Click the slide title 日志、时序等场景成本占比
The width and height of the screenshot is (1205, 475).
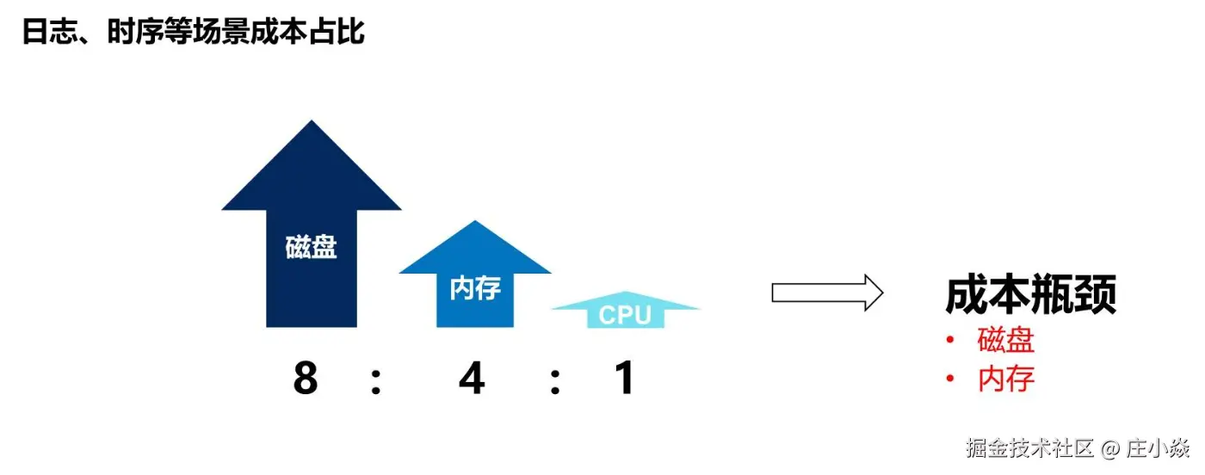coord(194,33)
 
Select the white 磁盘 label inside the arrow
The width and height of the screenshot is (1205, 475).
coord(311,248)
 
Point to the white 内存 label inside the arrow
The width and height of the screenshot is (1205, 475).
coord(474,287)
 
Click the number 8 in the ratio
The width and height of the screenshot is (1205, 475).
coord(306,378)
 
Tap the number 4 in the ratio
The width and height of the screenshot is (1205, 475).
coord(471,378)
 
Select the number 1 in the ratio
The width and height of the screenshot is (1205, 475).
coord(625,378)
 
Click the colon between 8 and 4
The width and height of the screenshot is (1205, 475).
coord(376,381)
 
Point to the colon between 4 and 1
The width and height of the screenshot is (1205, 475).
coord(555,381)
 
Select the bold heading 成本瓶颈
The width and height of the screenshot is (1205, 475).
coord(1030,295)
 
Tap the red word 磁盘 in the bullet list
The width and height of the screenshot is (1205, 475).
coord(1005,341)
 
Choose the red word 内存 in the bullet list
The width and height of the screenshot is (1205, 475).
coord(1005,379)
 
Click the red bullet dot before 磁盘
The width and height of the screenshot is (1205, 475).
coord(950,341)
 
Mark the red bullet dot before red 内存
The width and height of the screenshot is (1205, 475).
coord(950,379)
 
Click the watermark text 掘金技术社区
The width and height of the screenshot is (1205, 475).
coord(1029,447)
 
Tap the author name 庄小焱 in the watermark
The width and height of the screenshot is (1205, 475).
coord(1157,447)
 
